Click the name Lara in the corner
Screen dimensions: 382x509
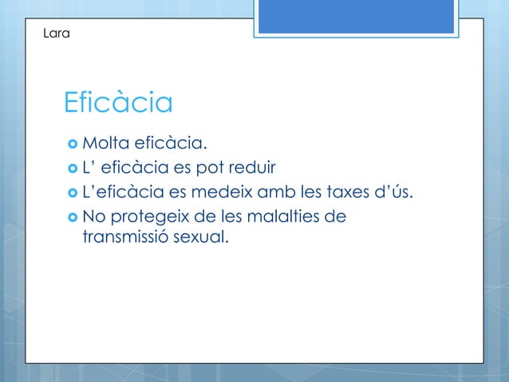point(57,34)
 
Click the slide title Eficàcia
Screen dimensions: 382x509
point(118,103)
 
